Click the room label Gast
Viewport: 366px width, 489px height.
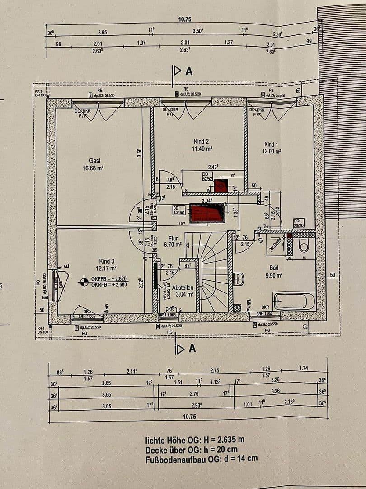point(94,160)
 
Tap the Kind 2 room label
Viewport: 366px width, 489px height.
point(201,141)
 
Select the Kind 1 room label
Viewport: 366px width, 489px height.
point(272,144)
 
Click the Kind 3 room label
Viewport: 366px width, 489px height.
point(107,261)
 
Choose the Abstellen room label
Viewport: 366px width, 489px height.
point(183,287)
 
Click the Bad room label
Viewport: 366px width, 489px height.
point(274,268)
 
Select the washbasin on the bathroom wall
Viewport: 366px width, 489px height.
point(239,279)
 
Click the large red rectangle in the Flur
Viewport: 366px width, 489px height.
point(207,213)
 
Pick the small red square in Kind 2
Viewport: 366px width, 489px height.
point(220,186)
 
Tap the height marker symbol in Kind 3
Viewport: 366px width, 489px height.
point(83,282)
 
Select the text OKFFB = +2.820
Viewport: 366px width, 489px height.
point(109,278)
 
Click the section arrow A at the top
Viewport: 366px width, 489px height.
point(183,71)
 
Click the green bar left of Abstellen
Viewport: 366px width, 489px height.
point(155,276)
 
